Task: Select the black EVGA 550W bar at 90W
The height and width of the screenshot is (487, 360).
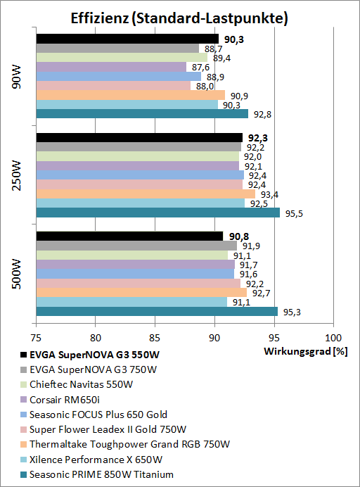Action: [x=127, y=39]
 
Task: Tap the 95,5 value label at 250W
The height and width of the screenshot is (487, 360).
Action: [x=292, y=213]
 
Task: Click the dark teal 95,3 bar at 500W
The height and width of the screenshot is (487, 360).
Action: [x=156, y=311]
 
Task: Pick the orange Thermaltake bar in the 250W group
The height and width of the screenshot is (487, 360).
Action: [x=145, y=194]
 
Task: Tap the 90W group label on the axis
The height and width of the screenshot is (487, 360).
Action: [x=17, y=77]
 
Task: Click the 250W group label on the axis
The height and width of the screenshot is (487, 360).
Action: [x=17, y=175]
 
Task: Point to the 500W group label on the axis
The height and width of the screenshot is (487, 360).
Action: [x=17, y=274]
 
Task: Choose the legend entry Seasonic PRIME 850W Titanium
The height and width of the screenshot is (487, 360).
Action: [x=101, y=474]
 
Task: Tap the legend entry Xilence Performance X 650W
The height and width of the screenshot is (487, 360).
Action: [x=96, y=460]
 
